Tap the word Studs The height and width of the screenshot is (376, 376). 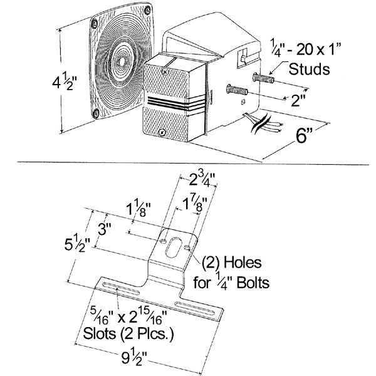[x=306, y=68]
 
